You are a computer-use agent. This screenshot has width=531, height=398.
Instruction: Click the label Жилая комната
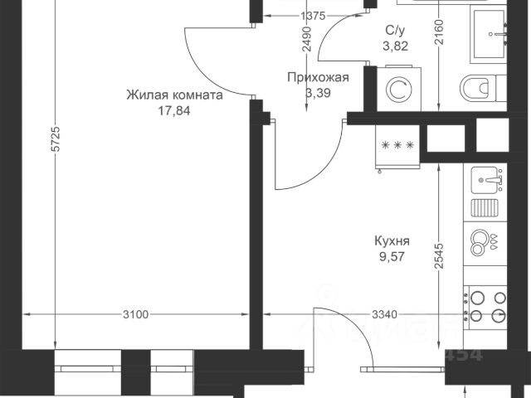point(174,95)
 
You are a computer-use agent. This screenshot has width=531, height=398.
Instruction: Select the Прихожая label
point(316,78)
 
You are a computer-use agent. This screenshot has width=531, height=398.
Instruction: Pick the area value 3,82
point(396,46)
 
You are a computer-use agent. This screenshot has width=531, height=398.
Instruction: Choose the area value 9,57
point(393,258)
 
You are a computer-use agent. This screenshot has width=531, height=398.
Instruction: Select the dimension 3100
point(136,314)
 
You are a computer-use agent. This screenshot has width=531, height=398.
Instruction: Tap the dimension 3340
point(378,314)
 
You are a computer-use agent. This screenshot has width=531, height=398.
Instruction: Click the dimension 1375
point(312,16)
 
